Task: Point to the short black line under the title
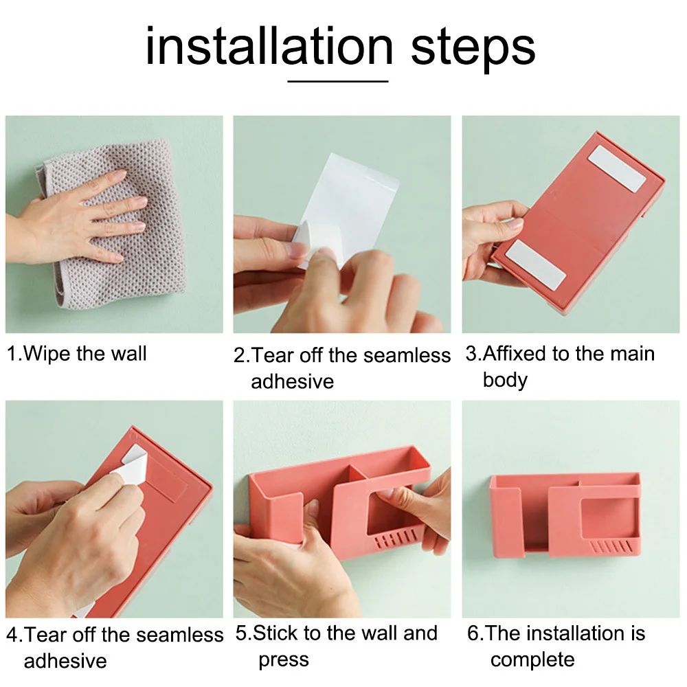[x=338, y=81]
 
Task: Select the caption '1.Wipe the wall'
[x=76, y=354]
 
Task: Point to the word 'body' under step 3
[x=505, y=380]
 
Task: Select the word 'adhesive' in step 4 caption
[x=65, y=661]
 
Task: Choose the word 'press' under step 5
[x=284, y=660]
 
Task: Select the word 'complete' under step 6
[x=532, y=660]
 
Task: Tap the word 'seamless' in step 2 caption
[x=407, y=355]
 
